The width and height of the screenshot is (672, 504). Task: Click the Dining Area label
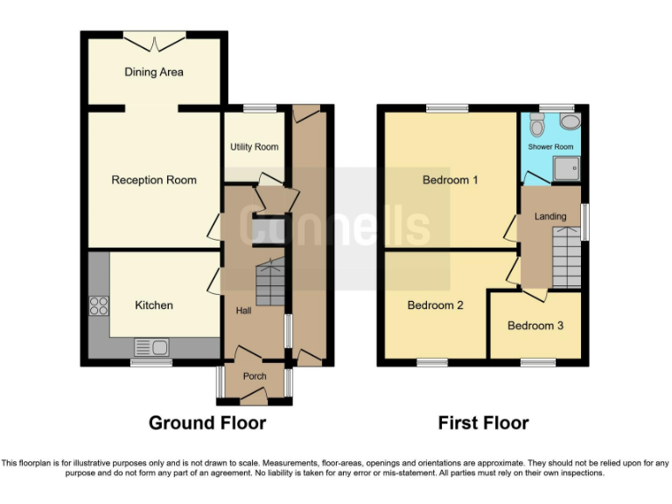pyautogui.click(x=154, y=72)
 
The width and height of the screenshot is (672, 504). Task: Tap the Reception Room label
pyautogui.click(x=154, y=180)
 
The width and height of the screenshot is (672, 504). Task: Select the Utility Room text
pyautogui.click(x=254, y=147)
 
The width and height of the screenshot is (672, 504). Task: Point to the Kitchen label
pyautogui.click(x=154, y=305)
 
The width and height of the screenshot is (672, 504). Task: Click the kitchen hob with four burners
pyautogui.click(x=98, y=305)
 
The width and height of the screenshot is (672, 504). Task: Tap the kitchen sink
pyautogui.click(x=152, y=348)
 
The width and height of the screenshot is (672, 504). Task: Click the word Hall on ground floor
pyautogui.click(x=243, y=311)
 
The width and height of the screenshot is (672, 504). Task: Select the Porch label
pyautogui.click(x=255, y=377)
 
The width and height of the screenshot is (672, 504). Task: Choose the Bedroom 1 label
pyautogui.click(x=450, y=181)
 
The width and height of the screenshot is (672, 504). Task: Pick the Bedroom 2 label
pyautogui.click(x=436, y=305)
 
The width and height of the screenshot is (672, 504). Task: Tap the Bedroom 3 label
pyautogui.click(x=535, y=325)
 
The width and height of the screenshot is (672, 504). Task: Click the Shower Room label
pyautogui.click(x=550, y=147)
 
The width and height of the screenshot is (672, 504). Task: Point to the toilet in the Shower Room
pyautogui.click(x=570, y=122)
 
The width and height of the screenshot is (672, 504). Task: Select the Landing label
pyautogui.click(x=550, y=216)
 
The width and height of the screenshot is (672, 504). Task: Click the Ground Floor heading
pyautogui.click(x=207, y=423)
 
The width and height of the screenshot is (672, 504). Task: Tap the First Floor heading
pyautogui.click(x=483, y=423)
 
